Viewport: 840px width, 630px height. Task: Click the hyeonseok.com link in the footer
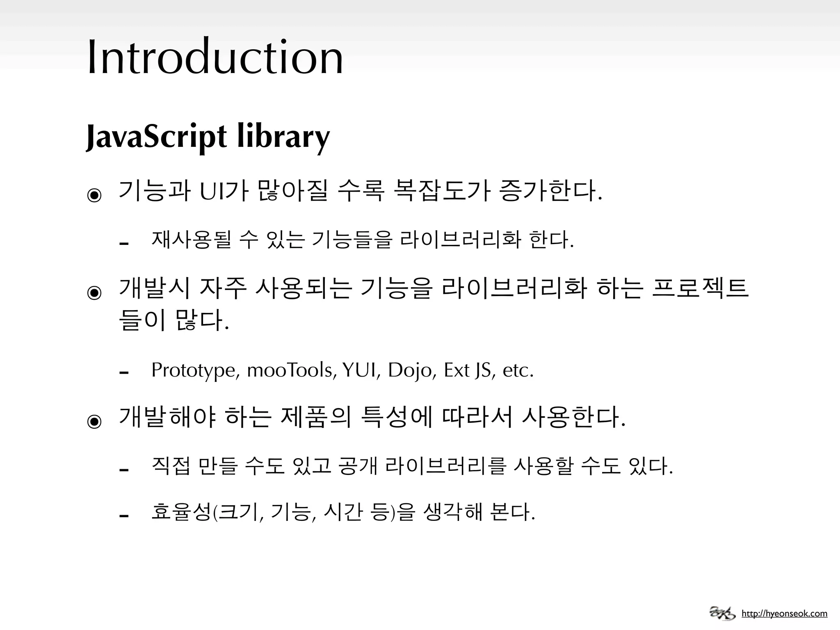click(x=784, y=614)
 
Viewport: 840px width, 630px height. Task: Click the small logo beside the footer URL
click(x=722, y=613)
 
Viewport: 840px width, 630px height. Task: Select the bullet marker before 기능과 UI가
click(x=94, y=195)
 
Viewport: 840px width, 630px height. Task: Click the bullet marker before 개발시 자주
click(x=94, y=292)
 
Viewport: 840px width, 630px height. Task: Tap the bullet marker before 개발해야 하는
click(x=94, y=421)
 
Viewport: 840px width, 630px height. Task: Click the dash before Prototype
click(x=123, y=372)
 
